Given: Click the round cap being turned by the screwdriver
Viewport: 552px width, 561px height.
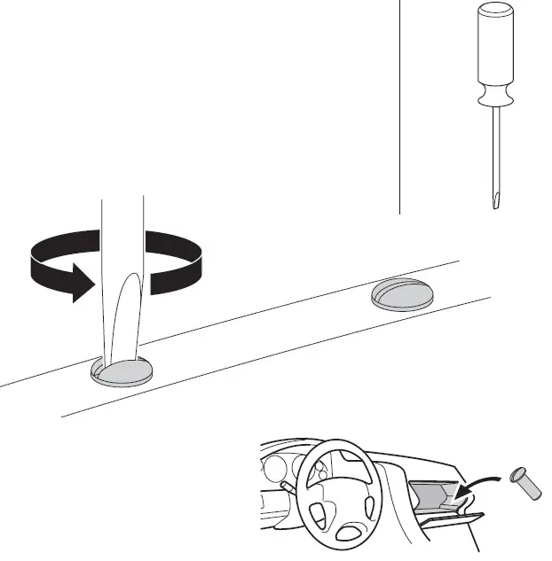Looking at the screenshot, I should pos(122,373).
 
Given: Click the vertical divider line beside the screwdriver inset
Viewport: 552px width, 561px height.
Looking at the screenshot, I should pos(398,106).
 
